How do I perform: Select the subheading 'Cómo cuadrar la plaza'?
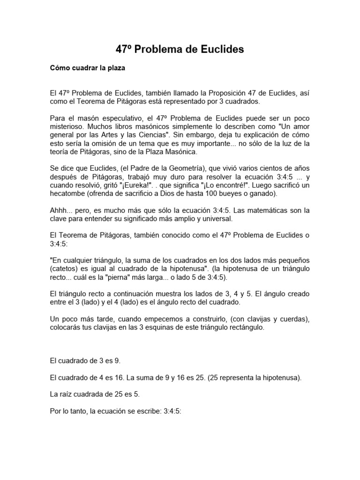[88, 68]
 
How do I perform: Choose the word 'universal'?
[213, 219]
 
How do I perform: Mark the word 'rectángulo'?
[245, 328]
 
